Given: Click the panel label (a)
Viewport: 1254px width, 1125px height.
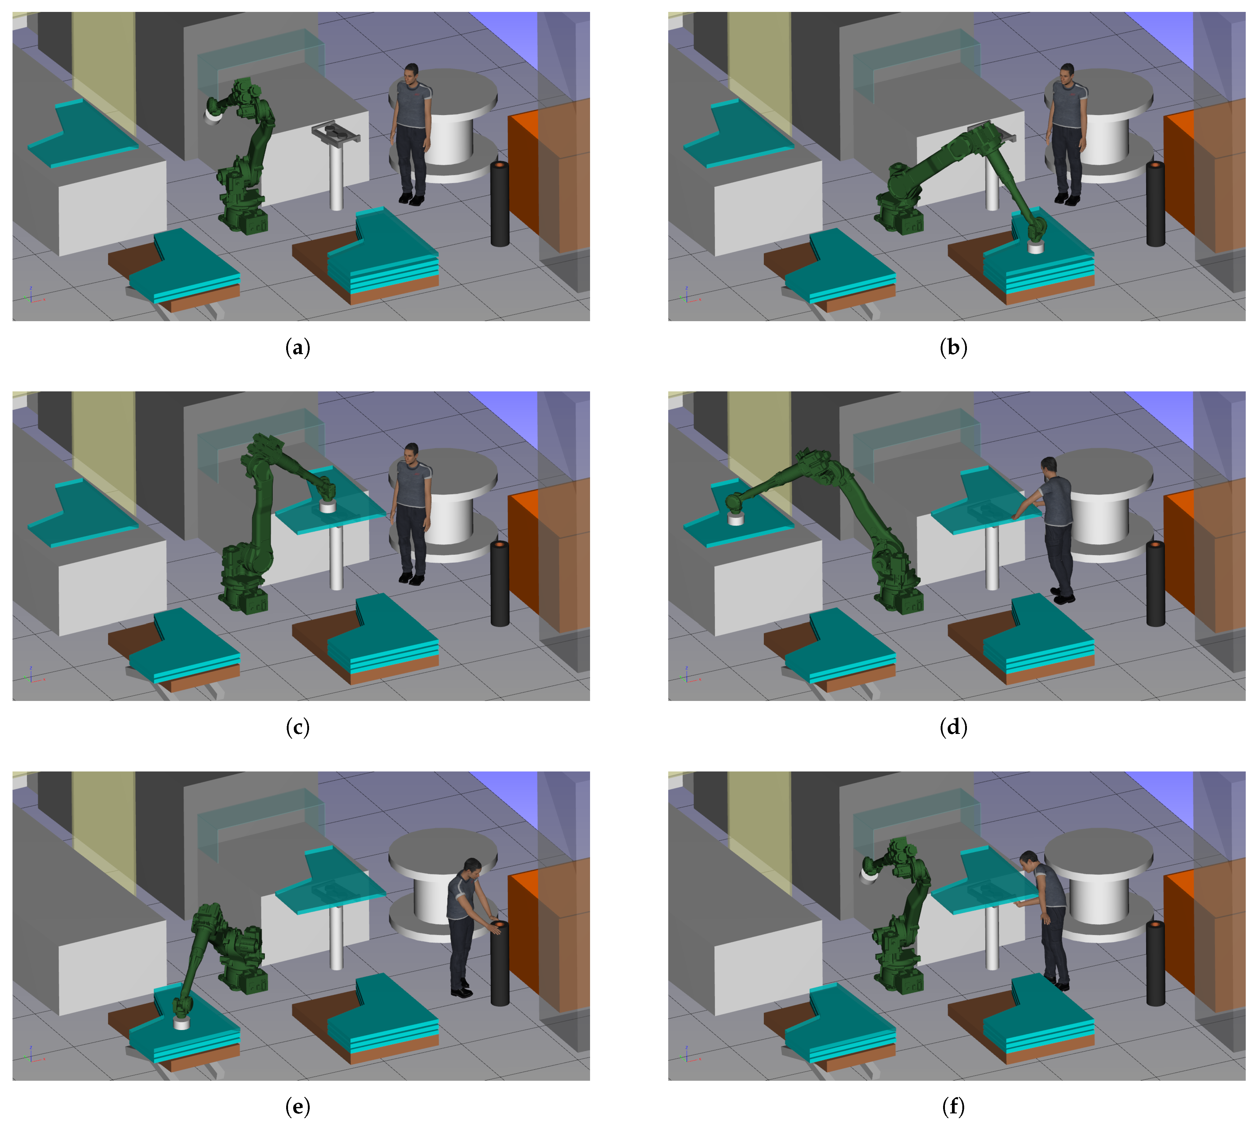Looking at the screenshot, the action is (x=297, y=348).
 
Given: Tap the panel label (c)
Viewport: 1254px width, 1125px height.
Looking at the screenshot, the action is (x=297, y=728).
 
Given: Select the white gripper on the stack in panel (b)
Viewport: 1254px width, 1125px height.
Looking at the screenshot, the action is (x=1035, y=247).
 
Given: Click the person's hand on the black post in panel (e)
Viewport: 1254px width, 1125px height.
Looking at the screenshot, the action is (x=496, y=926).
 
